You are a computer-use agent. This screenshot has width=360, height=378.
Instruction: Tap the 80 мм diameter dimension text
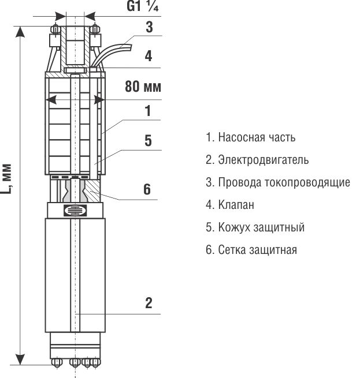coord(143,87)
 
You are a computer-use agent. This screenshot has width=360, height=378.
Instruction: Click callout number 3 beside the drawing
coord(149,27)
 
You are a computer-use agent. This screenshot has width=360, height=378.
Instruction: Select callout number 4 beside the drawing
coord(149,56)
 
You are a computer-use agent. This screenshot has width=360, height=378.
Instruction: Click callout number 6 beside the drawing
coord(148,189)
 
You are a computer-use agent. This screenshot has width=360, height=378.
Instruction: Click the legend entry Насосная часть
coord(250,137)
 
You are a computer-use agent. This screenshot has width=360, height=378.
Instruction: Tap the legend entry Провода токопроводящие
coord(277,182)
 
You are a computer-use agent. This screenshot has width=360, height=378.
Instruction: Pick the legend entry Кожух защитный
coord(255,227)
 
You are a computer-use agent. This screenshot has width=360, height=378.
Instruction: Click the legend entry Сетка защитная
coord(251,249)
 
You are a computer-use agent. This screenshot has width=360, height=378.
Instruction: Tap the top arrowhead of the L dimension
coord(21,31)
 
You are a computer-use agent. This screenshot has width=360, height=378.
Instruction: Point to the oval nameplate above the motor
coord(74,210)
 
